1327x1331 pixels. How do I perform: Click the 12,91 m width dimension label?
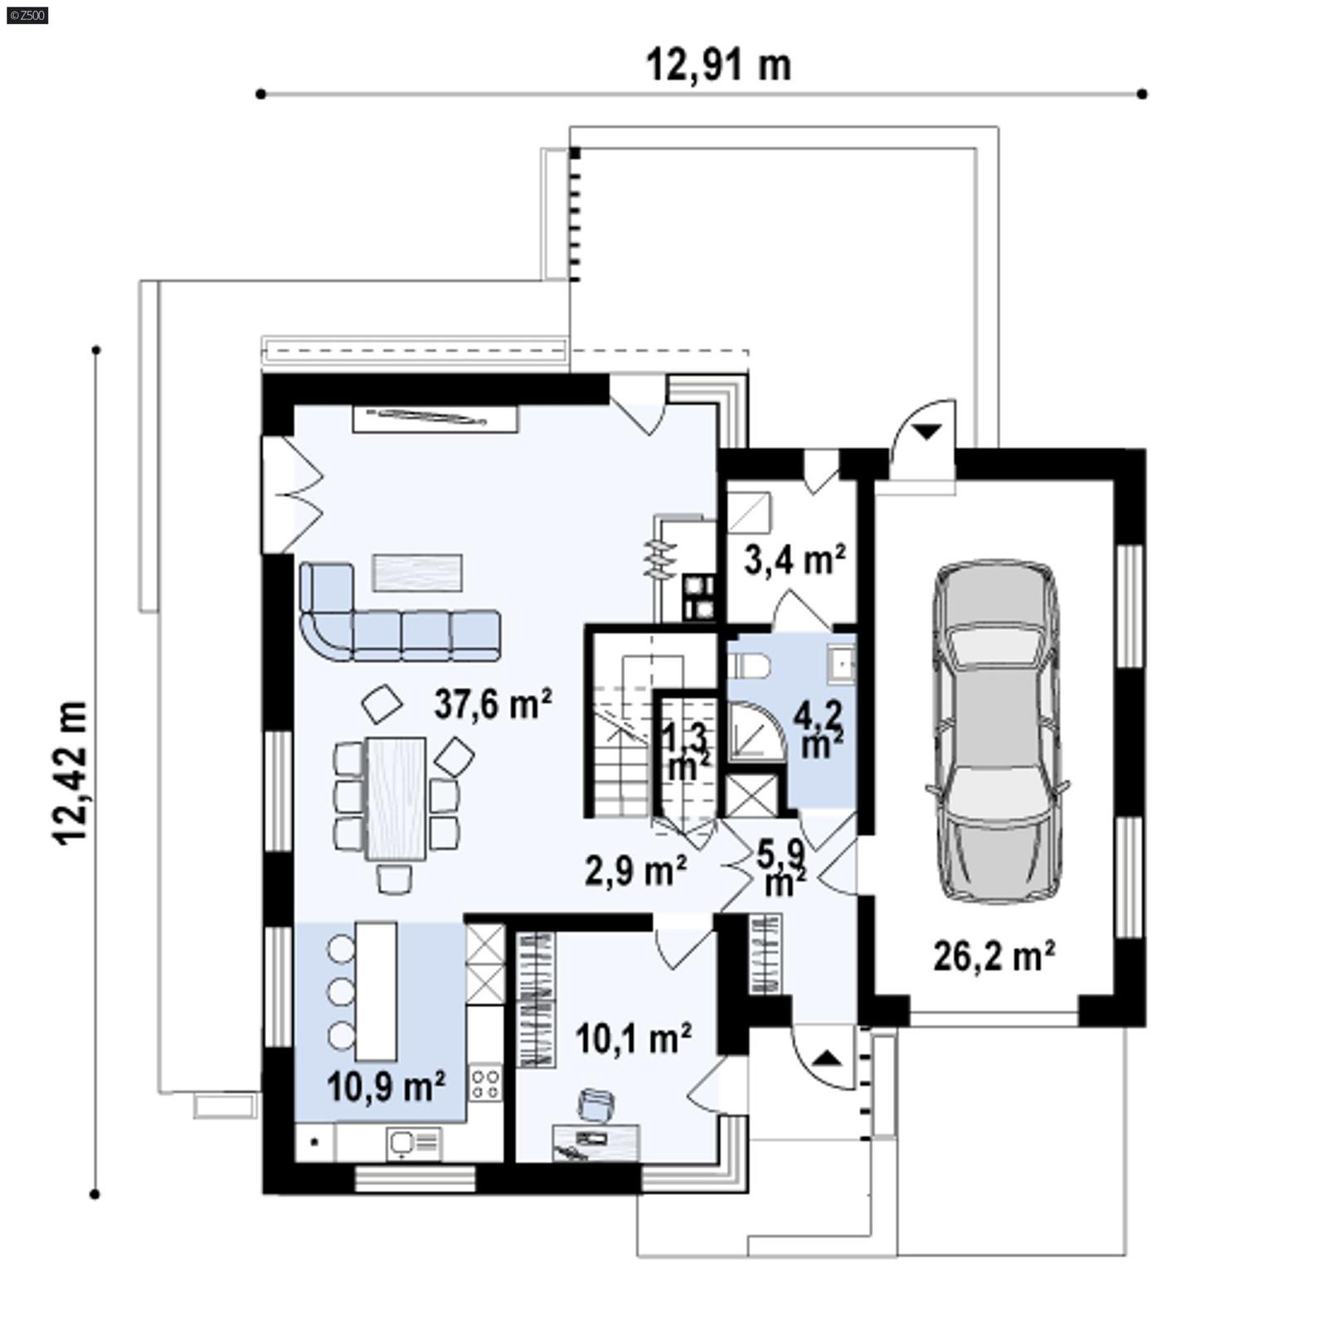coord(718,65)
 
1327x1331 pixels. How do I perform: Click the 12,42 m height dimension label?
coord(71,772)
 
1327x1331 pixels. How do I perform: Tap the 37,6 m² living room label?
coord(493,704)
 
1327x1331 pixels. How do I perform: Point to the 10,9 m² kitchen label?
coord(386,1086)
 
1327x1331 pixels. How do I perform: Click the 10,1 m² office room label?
coord(633,1038)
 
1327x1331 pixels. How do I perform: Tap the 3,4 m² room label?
coord(794,560)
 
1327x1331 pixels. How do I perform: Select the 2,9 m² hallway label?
coord(635,870)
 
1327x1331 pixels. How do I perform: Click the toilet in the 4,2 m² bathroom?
coord(751,665)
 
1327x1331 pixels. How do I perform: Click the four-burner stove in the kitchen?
coord(485,1083)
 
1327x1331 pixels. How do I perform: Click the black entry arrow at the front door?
coord(826,1058)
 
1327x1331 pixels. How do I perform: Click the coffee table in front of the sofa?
coord(417,572)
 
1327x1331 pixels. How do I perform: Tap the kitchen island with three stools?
coord(377,991)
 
